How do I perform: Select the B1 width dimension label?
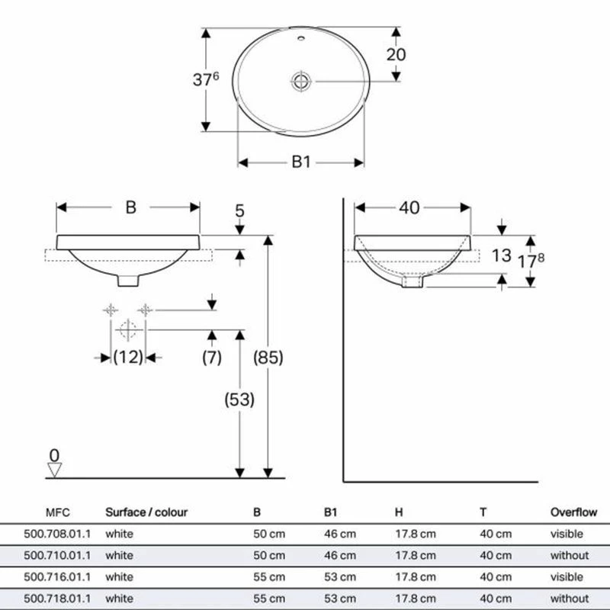pos(301,162)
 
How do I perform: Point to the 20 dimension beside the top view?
pos(396,54)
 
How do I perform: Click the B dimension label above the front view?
pos(130,207)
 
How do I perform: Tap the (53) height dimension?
pos(239,399)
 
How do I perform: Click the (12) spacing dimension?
pos(128,356)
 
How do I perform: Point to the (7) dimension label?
pos(211,356)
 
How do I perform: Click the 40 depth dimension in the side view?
pos(409,207)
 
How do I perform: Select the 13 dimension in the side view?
pos(501,255)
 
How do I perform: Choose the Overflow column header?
pos(573,512)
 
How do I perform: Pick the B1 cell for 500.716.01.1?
pos(339,577)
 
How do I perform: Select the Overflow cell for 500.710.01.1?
pos(570,555)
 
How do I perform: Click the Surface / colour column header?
pos(146,512)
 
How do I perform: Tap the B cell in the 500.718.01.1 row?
pos(268,599)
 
